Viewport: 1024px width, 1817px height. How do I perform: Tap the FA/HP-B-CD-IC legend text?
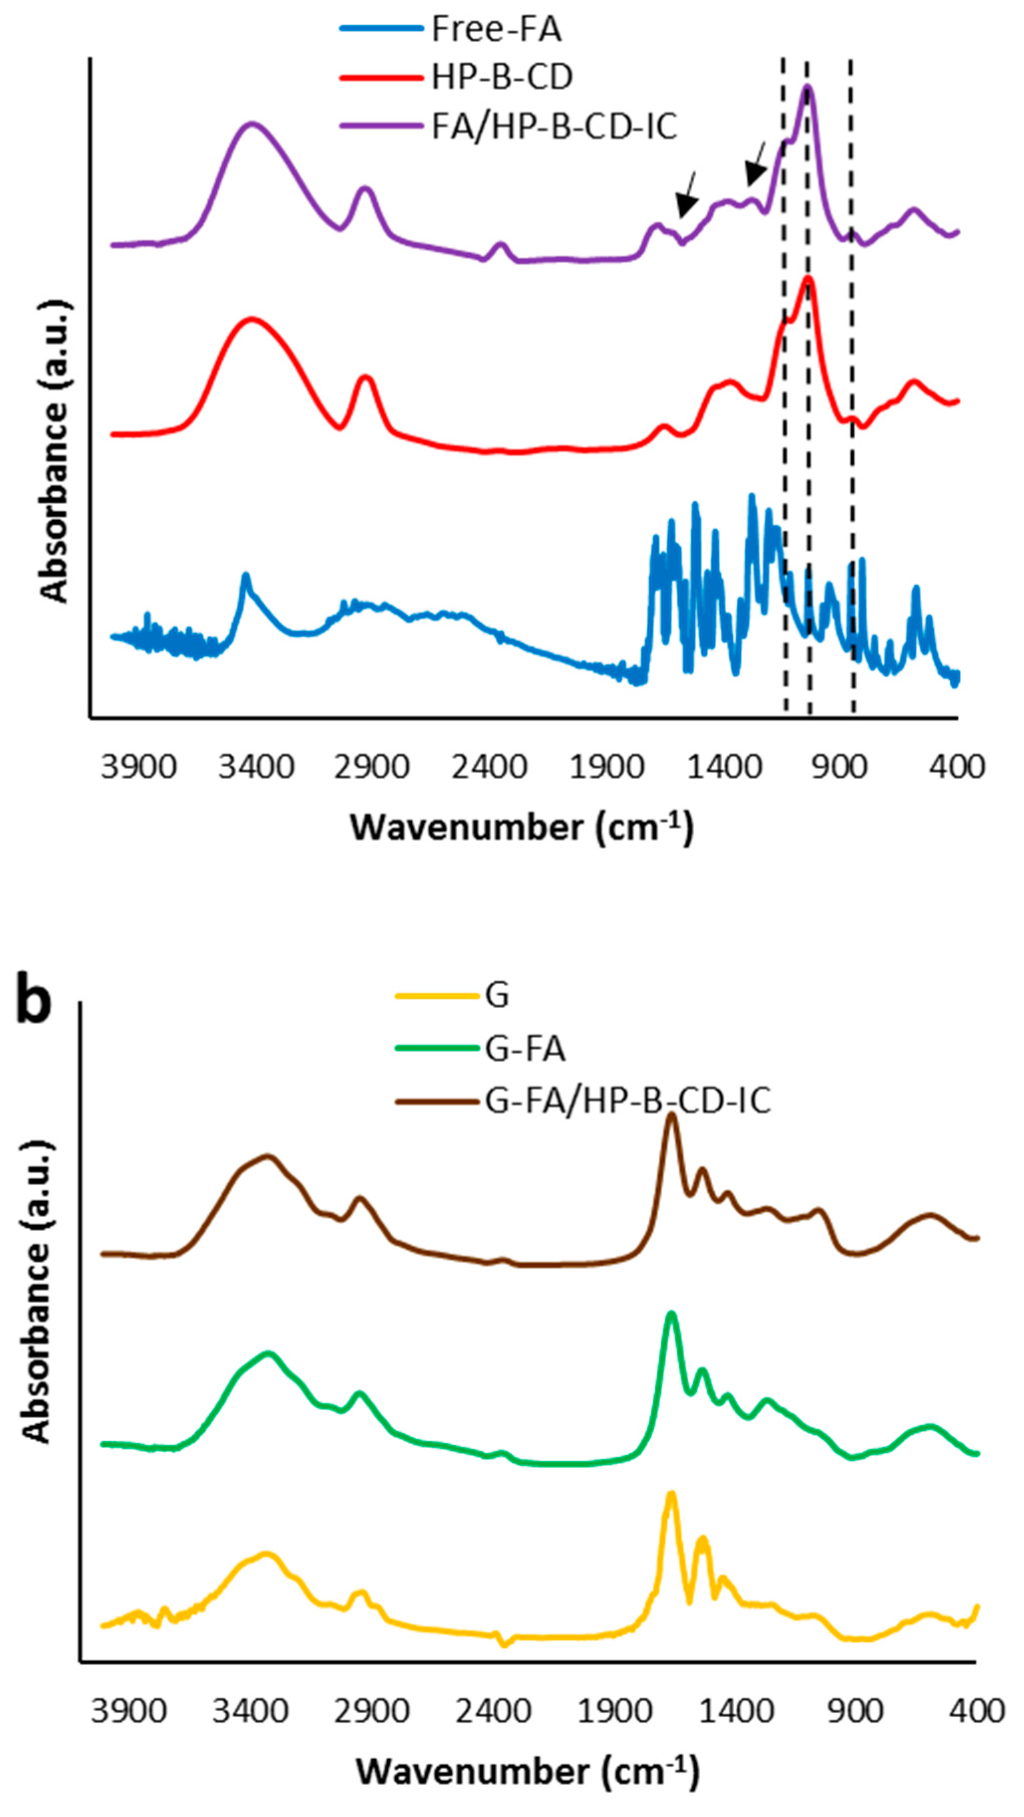click(x=555, y=127)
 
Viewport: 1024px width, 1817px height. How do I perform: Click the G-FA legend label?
click(x=525, y=1049)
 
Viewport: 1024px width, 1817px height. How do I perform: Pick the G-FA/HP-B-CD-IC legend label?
click(x=628, y=1100)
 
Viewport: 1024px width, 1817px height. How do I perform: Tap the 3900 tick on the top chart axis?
click(x=138, y=767)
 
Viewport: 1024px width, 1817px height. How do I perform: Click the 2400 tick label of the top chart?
click(x=489, y=767)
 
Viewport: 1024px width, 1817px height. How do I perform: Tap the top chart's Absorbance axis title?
click(x=55, y=452)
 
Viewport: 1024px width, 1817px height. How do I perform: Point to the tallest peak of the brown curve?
click(x=672, y=1115)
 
